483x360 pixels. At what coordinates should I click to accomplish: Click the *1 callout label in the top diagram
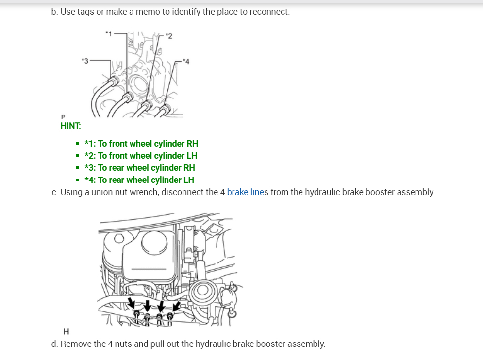point(109,33)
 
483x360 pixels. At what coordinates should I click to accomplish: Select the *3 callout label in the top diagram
point(85,61)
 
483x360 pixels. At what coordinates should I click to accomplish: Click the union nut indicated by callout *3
point(115,81)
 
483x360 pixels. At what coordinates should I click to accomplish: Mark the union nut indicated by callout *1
point(128,96)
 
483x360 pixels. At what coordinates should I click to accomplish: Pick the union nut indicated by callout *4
point(166,107)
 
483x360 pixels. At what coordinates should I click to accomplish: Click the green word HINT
point(70,126)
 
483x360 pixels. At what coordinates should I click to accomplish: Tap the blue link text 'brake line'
point(245,192)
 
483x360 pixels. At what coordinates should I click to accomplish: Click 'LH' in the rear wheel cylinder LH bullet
point(188,180)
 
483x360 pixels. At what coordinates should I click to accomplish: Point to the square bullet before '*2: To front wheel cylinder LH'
point(77,156)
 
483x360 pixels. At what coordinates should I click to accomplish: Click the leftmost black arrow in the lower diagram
point(131,303)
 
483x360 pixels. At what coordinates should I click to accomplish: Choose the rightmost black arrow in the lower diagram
point(176,306)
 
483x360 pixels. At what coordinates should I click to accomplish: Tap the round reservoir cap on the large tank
point(155,240)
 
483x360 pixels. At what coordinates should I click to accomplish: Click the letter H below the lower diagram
point(67,332)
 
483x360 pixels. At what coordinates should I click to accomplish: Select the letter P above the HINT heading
point(63,117)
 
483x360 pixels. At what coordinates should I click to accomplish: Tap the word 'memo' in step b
point(146,11)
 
